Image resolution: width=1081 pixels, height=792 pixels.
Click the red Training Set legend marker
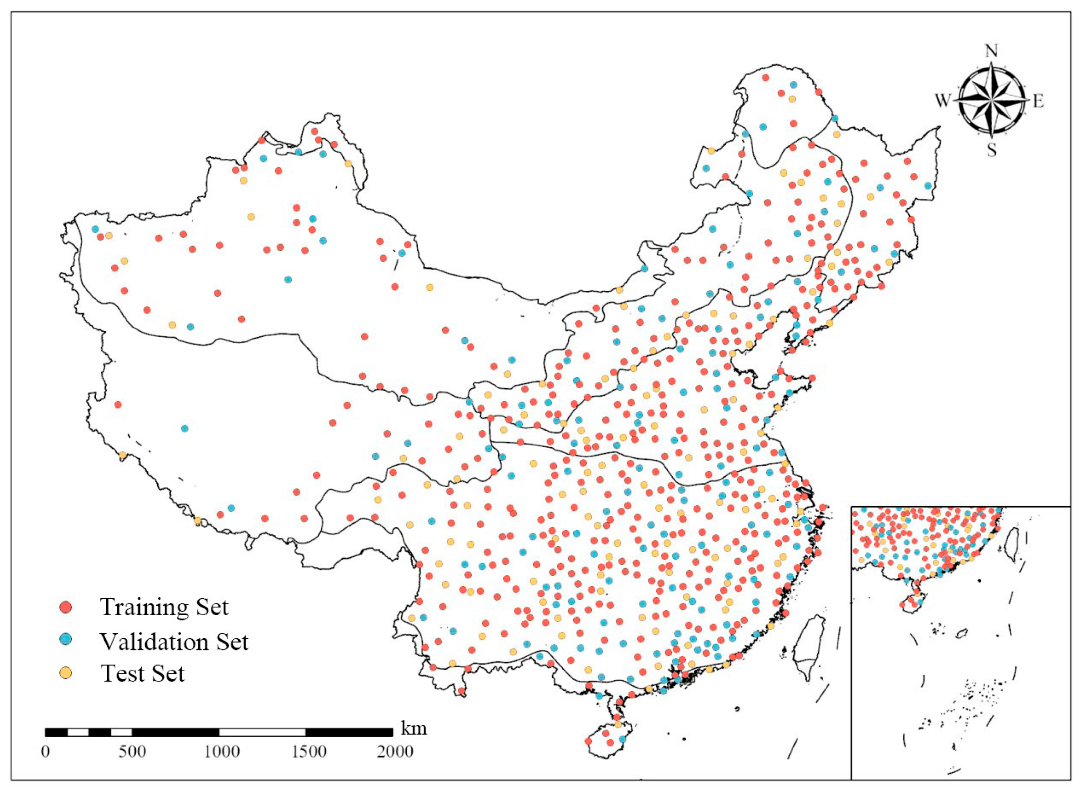pyautogui.click(x=67, y=607)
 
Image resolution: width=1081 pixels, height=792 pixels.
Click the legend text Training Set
pyautogui.click(x=164, y=607)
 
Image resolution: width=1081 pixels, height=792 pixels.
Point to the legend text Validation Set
pyautogui.click(x=174, y=641)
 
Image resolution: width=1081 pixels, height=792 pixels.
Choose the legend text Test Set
pyautogui.click(x=142, y=674)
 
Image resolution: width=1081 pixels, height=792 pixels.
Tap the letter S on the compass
pyautogui.click(x=991, y=151)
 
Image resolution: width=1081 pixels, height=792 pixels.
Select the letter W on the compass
pyautogui.click(x=942, y=101)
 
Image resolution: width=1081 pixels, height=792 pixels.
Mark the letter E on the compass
pyautogui.click(x=1038, y=101)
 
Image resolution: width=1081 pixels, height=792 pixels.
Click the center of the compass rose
pyautogui.click(x=991, y=101)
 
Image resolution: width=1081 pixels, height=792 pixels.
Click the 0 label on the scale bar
pyautogui.click(x=45, y=751)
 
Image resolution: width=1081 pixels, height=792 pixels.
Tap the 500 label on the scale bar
pyautogui.click(x=132, y=751)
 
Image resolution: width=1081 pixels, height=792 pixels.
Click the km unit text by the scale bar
pyautogui.click(x=413, y=729)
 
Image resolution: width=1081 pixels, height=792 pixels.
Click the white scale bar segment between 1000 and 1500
pyautogui.click(x=262, y=732)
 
